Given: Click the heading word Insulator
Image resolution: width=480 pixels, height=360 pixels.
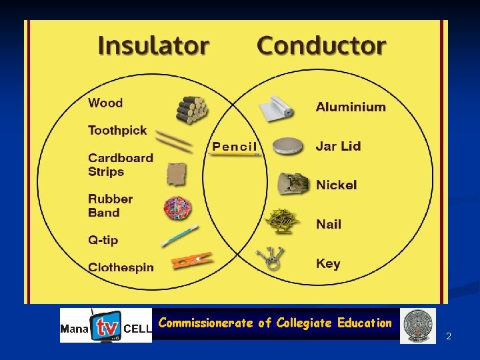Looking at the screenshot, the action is (153, 46).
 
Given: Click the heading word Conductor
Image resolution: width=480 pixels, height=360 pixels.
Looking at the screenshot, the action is (321, 46).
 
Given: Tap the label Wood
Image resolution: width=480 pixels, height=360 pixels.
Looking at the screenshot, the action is (105, 103).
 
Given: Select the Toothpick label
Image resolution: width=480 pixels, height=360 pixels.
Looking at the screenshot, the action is (117, 130).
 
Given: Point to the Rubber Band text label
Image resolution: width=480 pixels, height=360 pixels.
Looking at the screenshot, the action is (110, 205).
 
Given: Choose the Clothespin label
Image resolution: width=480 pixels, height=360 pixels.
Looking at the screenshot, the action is (121, 267).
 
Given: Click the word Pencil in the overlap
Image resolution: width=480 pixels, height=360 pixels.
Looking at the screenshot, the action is (234, 147).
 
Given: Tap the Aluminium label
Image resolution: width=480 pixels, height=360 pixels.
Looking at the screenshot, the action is (351, 107).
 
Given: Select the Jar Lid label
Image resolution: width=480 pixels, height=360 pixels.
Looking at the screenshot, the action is (339, 146).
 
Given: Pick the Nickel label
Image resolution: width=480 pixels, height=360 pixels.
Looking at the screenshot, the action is (337, 185).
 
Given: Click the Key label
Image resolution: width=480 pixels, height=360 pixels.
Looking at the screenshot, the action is (328, 263).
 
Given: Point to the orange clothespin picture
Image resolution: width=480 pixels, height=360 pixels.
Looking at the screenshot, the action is (192, 260).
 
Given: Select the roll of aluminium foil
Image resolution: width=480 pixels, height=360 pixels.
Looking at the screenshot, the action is (276, 109).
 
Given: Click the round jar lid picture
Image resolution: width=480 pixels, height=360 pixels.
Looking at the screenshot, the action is (291, 145).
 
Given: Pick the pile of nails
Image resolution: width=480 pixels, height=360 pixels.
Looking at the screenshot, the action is (282, 219).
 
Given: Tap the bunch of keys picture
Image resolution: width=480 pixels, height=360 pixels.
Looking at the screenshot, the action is (273, 258).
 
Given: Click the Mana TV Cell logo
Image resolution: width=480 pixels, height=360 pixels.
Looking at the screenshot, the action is (106, 325).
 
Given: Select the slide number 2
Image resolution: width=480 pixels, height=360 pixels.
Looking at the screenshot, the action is (449, 336).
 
